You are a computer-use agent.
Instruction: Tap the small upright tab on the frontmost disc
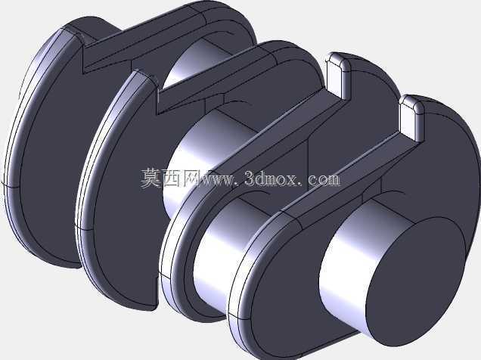click(x=411, y=119)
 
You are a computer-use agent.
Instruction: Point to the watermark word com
click(x=324, y=179)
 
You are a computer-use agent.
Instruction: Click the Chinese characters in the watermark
click(x=170, y=178)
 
